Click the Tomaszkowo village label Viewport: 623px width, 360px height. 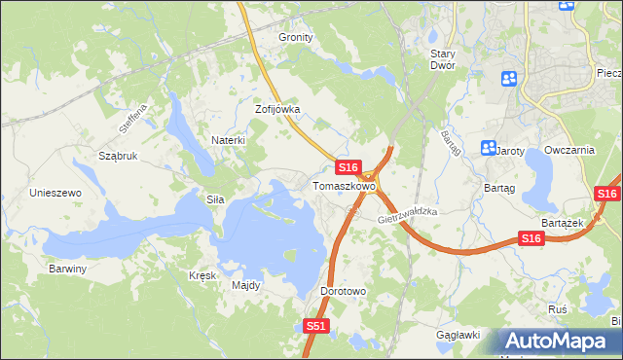[x=344, y=185]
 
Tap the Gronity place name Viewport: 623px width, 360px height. [x=296, y=37]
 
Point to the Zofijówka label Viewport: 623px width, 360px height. [x=277, y=110]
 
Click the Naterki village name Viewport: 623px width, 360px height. [x=228, y=140]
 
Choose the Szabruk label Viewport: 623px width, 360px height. [x=118, y=156]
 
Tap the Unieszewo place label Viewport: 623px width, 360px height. [x=55, y=193]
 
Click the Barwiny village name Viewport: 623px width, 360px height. [x=68, y=268]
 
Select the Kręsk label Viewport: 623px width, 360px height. [x=202, y=275]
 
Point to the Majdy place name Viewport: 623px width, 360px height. [x=245, y=286]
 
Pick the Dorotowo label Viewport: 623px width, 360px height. [x=343, y=291]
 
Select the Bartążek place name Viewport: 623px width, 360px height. [x=561, y=223]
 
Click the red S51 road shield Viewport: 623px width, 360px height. [x=315, y=327]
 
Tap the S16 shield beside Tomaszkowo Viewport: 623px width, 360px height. [x=350, y=167]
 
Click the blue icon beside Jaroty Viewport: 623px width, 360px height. [x=489, y=148]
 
